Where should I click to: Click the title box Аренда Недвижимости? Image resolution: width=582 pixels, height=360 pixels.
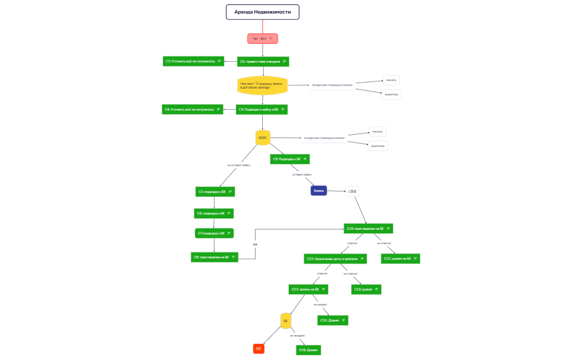pos(262,12)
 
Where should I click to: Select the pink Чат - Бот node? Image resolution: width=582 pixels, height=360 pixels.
pos(262,38)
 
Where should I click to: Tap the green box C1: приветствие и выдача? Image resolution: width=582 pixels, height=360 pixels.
pos(263,61)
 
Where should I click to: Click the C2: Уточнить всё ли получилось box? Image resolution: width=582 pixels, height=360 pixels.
pos(193,61)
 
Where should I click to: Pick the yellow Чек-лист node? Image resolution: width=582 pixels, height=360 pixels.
pos(263,85)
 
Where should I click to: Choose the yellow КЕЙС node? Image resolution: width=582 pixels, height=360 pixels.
pos(263,137)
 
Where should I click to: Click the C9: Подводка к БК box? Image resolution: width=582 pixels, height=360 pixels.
pos(290,159)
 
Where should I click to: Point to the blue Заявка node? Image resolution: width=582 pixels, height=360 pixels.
pos(319,191)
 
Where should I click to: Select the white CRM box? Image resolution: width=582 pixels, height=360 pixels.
pos(353,191)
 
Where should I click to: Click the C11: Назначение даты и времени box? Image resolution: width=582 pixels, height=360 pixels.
pos(335,259)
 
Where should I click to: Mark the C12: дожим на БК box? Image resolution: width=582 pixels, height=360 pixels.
pos(400,259)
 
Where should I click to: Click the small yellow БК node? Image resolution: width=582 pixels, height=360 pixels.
pos(286,321)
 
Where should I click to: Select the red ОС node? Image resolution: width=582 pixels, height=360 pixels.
pos(258,348)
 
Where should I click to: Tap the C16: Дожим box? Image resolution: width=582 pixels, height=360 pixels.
pos(308,350)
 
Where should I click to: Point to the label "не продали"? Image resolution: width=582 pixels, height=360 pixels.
pos(297,336)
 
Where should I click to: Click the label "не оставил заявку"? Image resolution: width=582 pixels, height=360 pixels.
pos(239,165)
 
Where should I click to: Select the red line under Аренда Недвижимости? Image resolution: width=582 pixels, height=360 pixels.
pos(263,27)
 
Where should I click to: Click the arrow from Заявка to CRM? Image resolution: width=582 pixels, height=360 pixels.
pos(336,191)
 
